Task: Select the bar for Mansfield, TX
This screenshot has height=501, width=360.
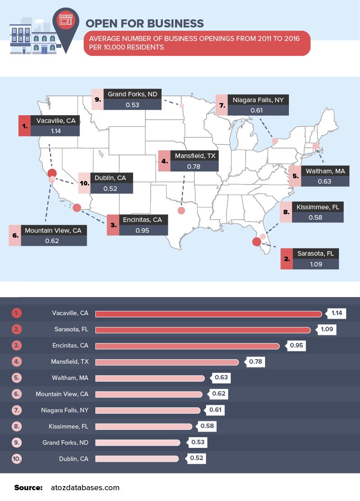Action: coord(166,362)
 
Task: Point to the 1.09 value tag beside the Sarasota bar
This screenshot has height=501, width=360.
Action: coord(327,329)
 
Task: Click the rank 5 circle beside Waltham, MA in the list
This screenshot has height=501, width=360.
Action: coord(17,378)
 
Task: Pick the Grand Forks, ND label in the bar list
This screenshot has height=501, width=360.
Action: coord(65,442)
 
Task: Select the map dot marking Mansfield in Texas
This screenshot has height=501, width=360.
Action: coord(181,210)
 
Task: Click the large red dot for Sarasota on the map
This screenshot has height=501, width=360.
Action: coord(256,242)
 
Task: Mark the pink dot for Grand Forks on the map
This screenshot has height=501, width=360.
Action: coord(182,106)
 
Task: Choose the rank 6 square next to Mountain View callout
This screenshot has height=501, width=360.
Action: coord(15,235)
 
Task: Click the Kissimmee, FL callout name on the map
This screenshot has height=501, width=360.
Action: coord(317,208)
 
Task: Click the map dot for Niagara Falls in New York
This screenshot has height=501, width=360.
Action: coord(275,141)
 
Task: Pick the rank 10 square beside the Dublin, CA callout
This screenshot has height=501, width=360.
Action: coord(84,183)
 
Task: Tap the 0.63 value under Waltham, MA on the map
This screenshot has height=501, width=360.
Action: coord(324,182)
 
